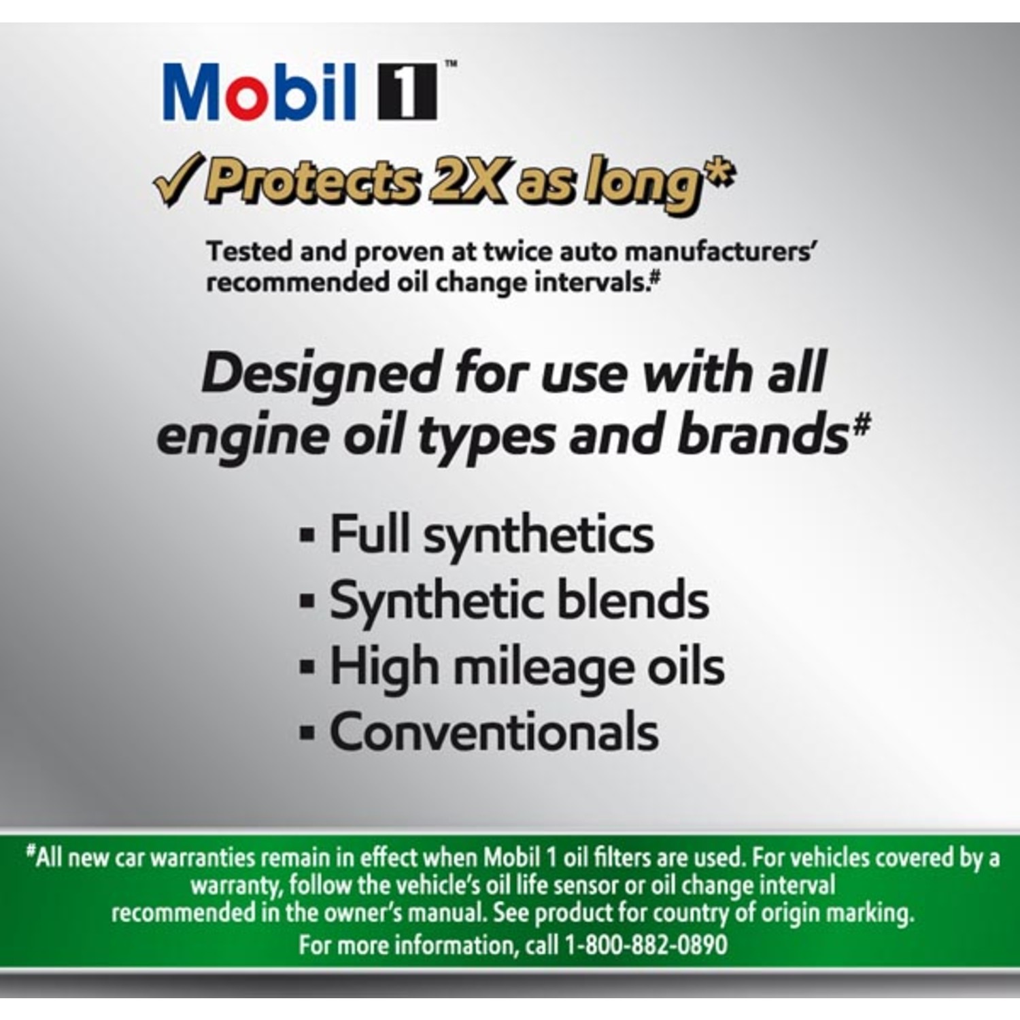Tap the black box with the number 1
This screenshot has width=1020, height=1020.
(x=407, y=92)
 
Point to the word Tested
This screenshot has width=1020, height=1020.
(x=250, y=251)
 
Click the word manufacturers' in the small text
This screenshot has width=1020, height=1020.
(x=721, y=252)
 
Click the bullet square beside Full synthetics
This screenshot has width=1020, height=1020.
(x=307, y=536)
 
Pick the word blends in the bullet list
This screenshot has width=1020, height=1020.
(x=634, y=600)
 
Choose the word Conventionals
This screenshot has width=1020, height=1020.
(x=494, y=732)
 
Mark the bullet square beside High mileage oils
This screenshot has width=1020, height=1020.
(x=307, y=667)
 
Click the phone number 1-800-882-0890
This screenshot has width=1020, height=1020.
(x=646, y=945)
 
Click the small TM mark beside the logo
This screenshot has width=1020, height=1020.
(x=451, y=64)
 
